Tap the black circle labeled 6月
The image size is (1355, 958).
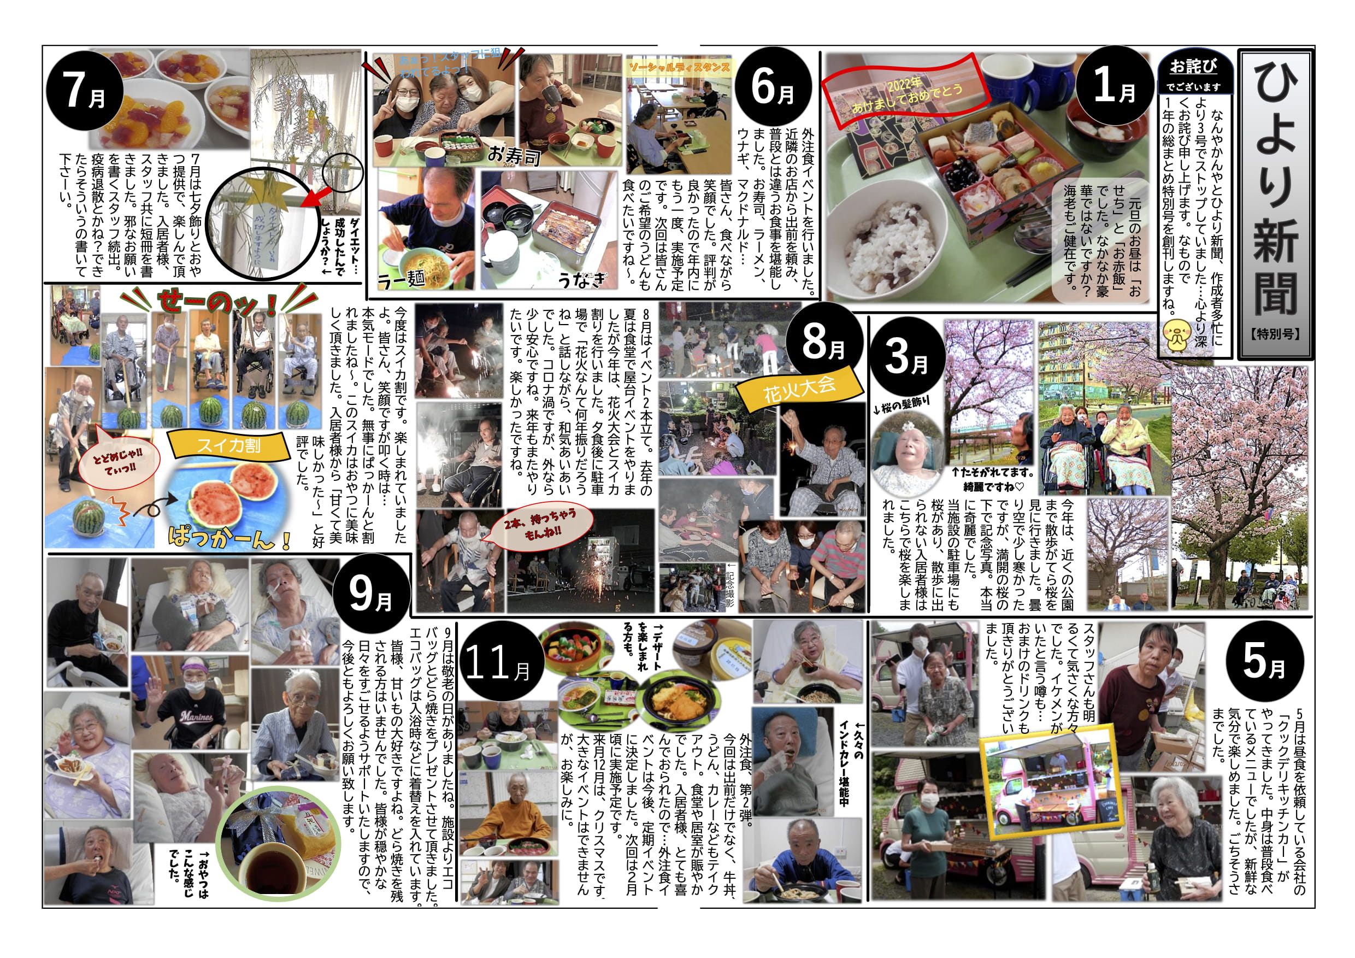click(x=774, y=86)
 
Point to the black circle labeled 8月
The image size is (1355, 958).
click(x=824, y=342)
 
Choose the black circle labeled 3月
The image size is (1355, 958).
click(x=906, y=356)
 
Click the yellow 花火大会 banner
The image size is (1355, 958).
click(x=799, y=390)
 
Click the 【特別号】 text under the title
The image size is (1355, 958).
click(x=1276, y=334)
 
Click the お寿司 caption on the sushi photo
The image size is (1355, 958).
click(x=513, y=155)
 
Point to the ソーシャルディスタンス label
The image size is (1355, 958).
click(x=679, y=67)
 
